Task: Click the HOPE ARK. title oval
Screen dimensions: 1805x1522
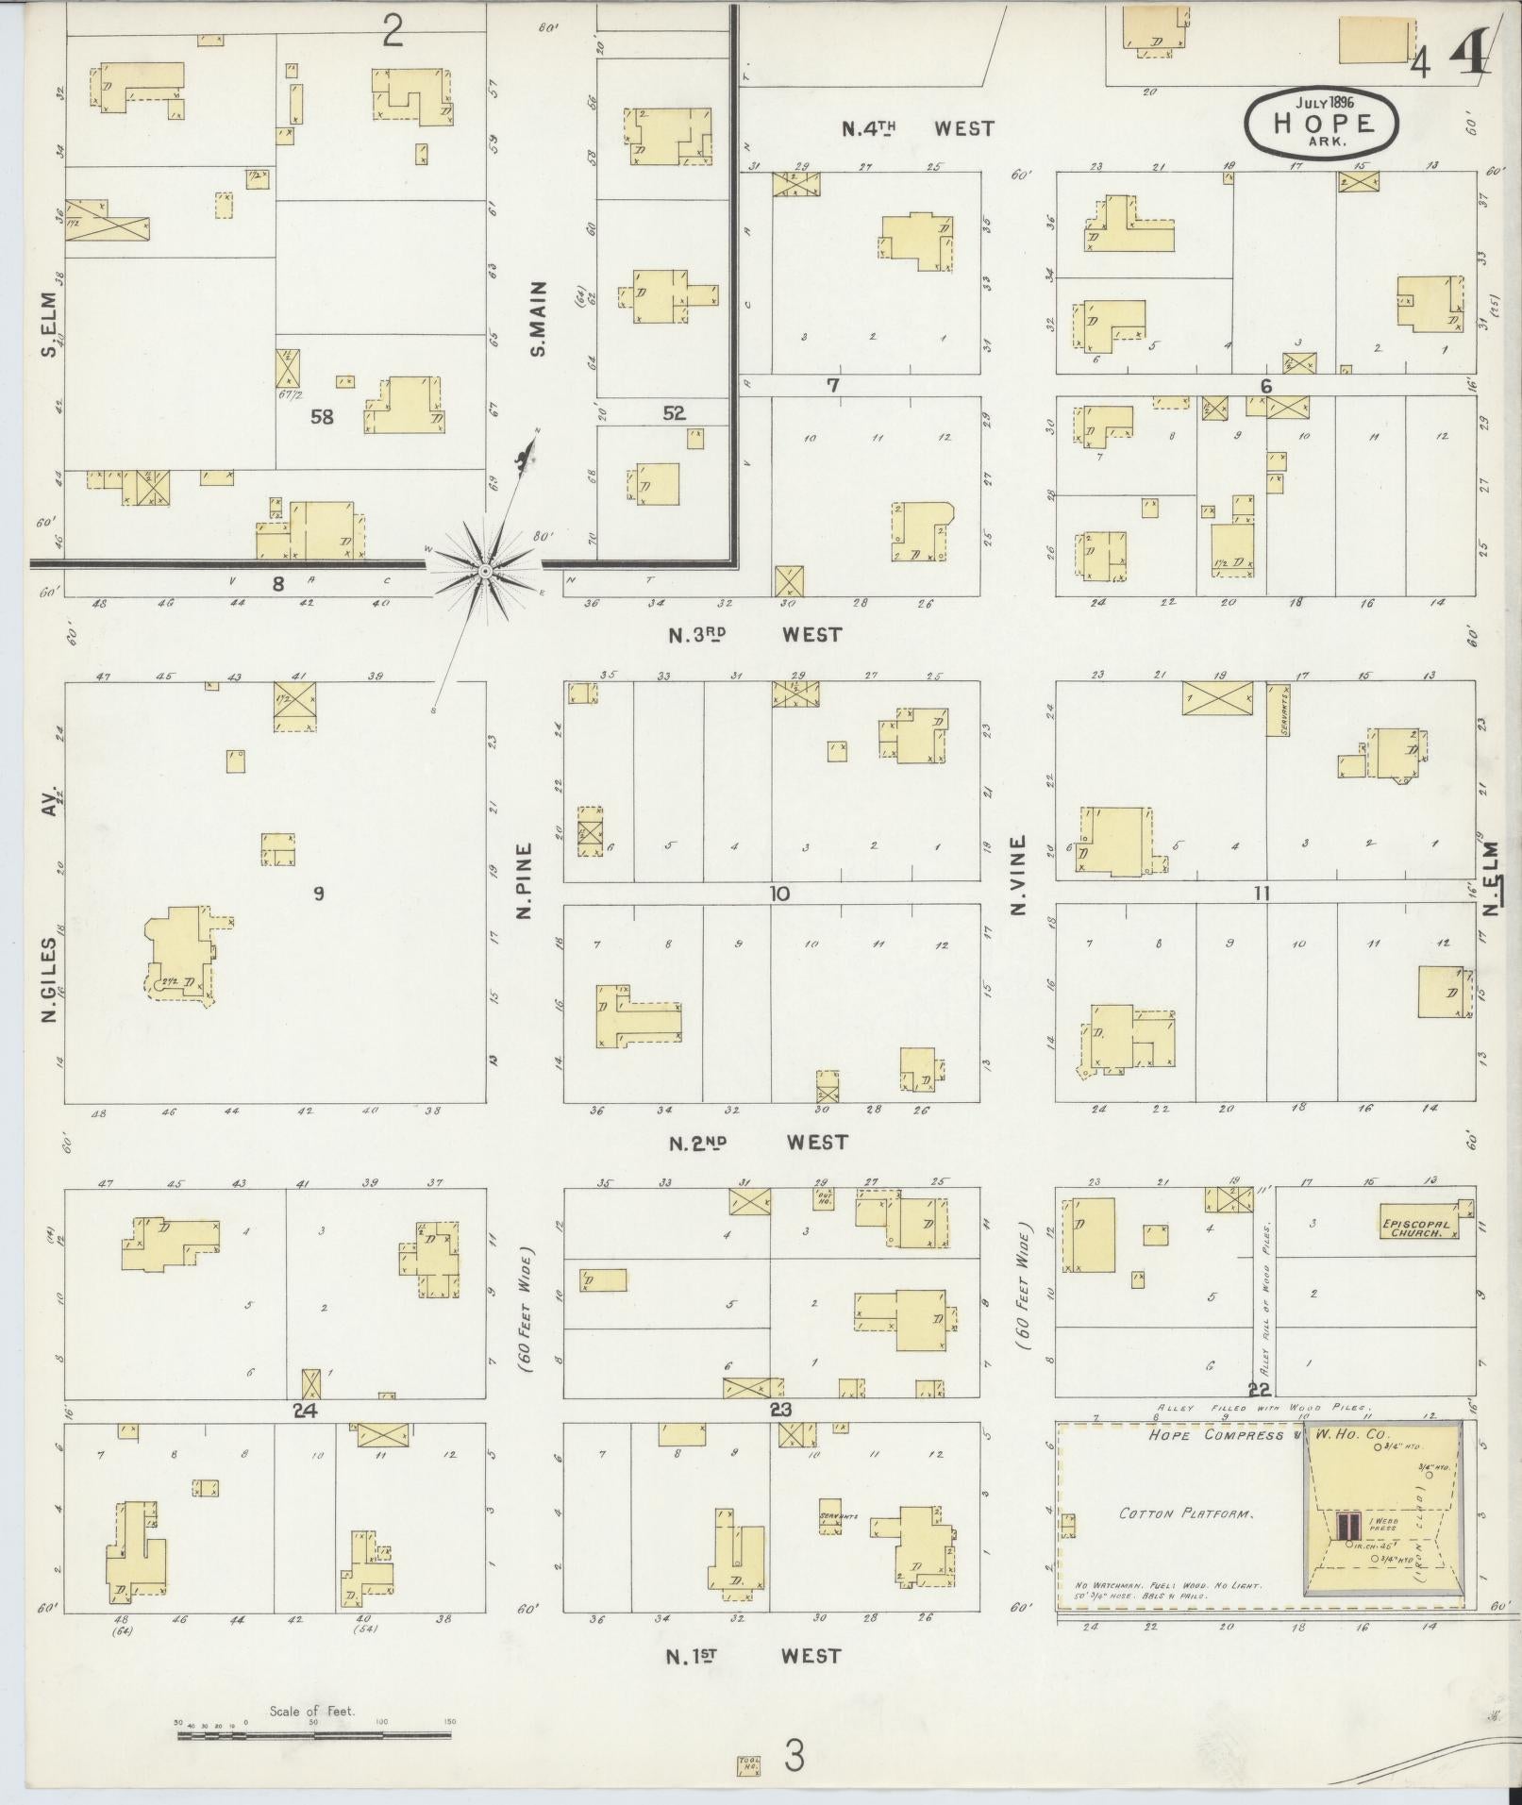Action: pyautogui.click(x=1321, y=121)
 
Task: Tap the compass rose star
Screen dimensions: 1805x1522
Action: pyautogui.click(x=484, y=570)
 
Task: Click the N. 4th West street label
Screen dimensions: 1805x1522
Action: pyautogui.click(x=917, y=128)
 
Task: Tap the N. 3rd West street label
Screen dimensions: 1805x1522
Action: pyautogui.click(x=754, y=635)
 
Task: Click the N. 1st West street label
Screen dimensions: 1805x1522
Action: pyautogui.click(x=753, y=1655)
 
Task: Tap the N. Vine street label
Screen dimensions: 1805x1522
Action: pyautogui.click(x=1018, y=876)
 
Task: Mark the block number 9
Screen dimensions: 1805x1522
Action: pyautogui.click(x=319, y=894)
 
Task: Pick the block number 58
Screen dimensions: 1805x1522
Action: pyautogui.click(x=322, y=416)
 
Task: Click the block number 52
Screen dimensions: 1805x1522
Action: pyautogui.click(x=674, y=413)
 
